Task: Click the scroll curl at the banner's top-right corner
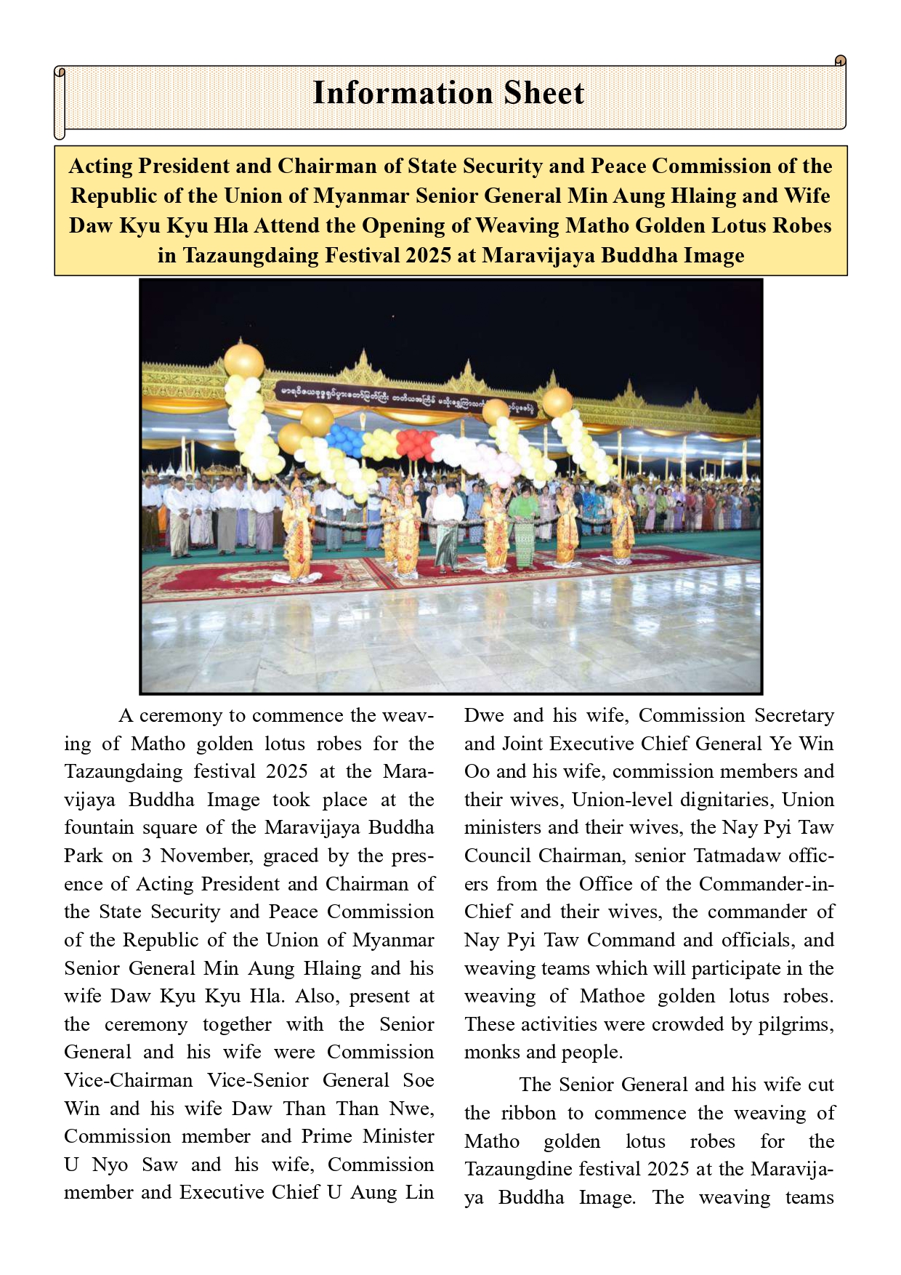840,61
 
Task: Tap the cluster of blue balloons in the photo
346,439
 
